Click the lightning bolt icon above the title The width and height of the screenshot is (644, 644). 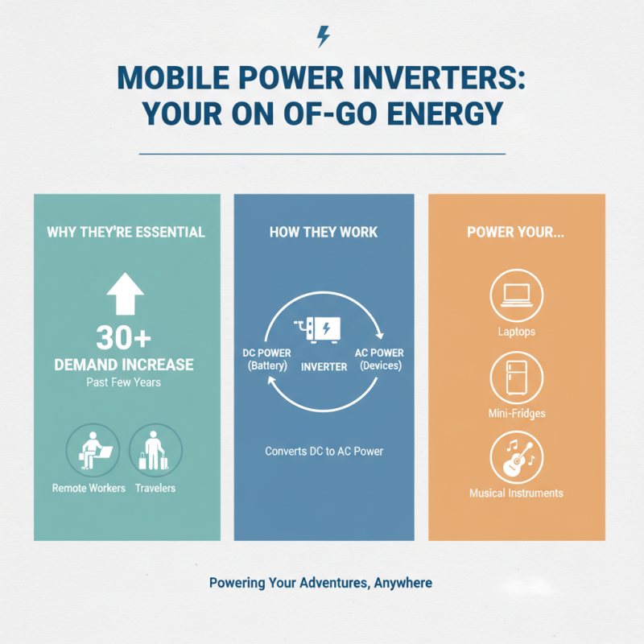pyautogui.click(x=323, y=36)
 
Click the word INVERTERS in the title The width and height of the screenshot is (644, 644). pyautogui.click(x=421, y=81)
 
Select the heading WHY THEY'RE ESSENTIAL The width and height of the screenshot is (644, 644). pyautogui.click(x=126, y=233)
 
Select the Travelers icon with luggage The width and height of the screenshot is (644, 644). pyautogui.click(x=155, y=450)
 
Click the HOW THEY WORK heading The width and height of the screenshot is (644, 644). pyautogui.click(x=324, y=233)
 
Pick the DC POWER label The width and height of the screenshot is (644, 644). pyautogui.click(x=266, y=353)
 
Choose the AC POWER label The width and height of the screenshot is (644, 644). pyautogui.click(x=379, y=353)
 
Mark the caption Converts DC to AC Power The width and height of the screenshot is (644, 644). pyautogui.click(x=324, y=451)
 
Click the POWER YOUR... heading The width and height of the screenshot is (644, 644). pyautogui.click(x=516, y=233)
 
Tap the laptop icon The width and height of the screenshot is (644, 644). pyautogui.click(x=516, y=295)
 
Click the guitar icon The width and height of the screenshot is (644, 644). pyautogui.click(x=516, y=457)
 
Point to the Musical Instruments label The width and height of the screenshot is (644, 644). pyautogui.click(x=516, y=493)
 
